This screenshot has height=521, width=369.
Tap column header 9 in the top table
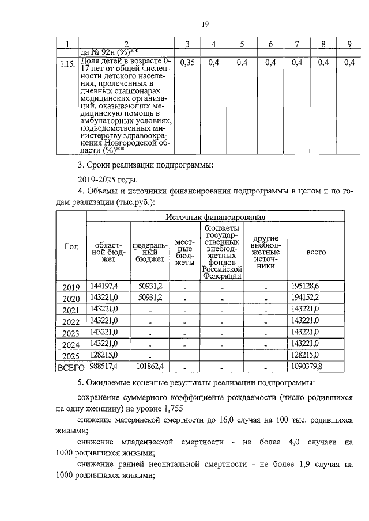tap(348, 44)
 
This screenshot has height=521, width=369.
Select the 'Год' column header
tap(71, 246)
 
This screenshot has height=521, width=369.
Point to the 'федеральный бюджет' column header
tap(150, 251)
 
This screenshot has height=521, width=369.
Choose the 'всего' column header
tap(316, 252)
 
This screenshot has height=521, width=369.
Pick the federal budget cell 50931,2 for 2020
tap(150, 297)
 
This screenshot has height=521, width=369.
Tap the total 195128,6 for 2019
tap(306, 286)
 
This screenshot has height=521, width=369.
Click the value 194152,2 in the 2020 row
tap(306, 297)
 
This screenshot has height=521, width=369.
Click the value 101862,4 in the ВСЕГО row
tap(149, 366)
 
